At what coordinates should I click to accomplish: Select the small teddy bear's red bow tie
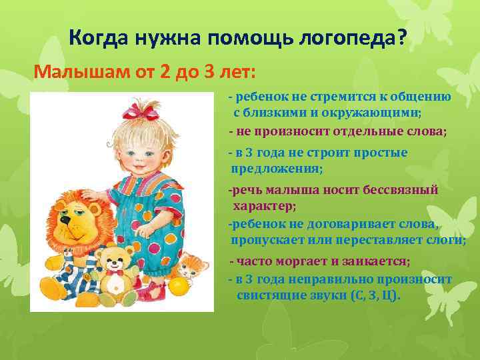point(118,272)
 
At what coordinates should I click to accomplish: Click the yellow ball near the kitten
point(179,286)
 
